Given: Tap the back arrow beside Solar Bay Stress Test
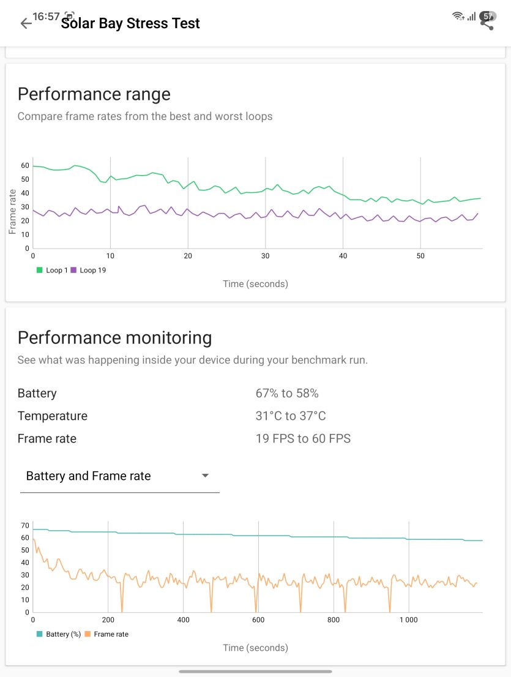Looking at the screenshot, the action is (26, 23).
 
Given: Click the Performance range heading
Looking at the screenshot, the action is (94, 94).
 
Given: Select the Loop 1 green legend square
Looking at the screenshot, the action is (39, 270).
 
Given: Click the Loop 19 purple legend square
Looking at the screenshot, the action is (73, 270).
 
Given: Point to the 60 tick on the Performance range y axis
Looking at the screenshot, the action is (25, 165).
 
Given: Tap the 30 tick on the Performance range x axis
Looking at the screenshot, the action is (266, 256).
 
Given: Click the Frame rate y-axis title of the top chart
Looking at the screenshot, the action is (12, 212).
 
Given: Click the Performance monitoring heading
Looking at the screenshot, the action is (115, 338).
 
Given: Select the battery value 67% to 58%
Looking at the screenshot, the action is (287, 394).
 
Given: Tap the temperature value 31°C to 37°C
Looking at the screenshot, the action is (291, 416).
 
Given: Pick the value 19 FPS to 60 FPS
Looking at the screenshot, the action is (303, 439).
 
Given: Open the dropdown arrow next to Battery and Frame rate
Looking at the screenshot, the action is (206, 476).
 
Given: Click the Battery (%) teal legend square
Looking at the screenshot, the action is (39, 634).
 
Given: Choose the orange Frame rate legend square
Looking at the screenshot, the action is (87, 634).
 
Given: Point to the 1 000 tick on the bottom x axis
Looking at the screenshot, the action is (408, 619).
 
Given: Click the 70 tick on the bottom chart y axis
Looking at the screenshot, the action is (25, 525).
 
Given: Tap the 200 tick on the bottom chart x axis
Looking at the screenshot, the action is (108, 619).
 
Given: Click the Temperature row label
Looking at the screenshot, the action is (53, 416).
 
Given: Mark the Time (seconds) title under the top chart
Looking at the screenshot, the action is (256, 283).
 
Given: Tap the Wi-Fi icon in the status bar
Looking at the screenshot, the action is (458, 17).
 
